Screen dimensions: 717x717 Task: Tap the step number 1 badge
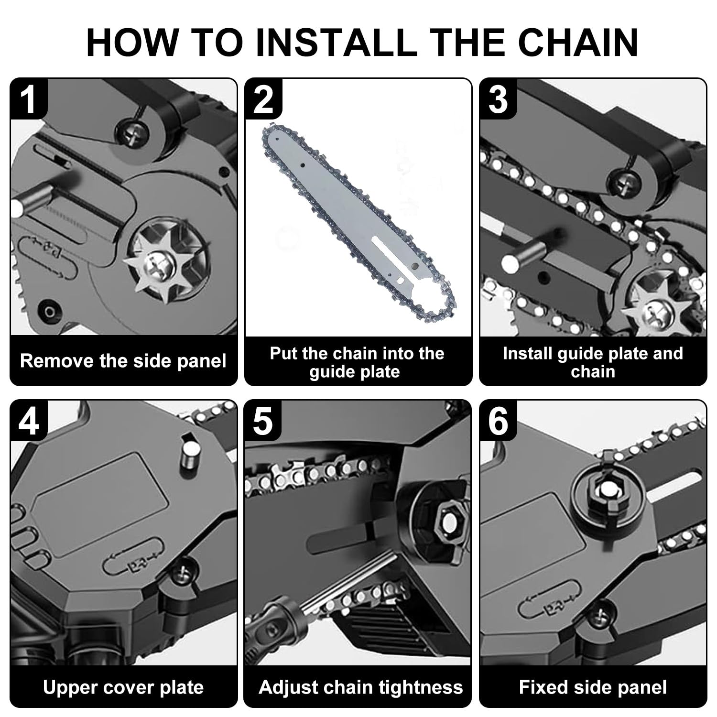(29, 98)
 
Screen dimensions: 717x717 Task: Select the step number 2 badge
(263, 98)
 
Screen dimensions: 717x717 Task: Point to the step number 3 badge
(498, 98)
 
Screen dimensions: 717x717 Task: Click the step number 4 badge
(29, 420)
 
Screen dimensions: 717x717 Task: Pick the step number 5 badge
(263, 420)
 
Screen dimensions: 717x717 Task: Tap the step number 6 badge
(498, 420)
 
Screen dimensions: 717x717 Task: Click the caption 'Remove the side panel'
(123, 361)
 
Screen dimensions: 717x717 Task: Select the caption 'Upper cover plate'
(123, 687)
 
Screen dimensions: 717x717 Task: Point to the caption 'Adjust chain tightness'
(361, 687)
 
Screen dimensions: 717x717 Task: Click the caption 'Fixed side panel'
(593, 687)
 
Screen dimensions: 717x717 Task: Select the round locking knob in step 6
(607, 492)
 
